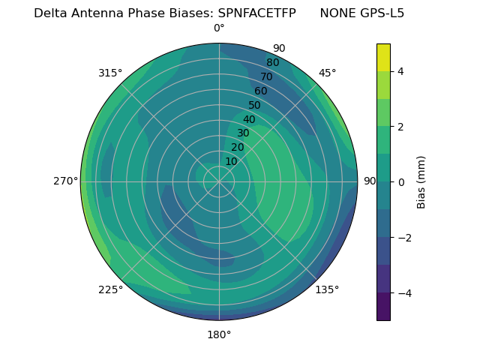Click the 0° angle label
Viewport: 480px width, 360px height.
[x=219, y=28]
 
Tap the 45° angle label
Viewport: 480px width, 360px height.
[x=328, y=73]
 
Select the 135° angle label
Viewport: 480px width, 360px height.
[x=327, y=289]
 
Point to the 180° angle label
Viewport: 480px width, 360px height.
[x=219, y=334]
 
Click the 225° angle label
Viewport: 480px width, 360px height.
[x=110, y=289]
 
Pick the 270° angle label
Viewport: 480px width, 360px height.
[x=65, y=181]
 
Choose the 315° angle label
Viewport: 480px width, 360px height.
[x=110, y=73]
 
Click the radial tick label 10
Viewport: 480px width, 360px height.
[x=231, y=161]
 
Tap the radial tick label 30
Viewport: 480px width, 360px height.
[x=243, y=133]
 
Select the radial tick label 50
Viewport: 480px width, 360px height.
[x=255, y=106]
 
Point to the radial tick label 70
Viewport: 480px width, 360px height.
[x=266, y=77]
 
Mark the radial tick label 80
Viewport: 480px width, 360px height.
[x=272, y=63]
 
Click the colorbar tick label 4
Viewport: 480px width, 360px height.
[x=401, y=71]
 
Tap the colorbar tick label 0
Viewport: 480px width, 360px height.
[x=401, y=182]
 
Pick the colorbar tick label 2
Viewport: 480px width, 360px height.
[x=401, y=127]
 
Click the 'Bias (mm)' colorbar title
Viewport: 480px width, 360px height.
[x=421, y=182]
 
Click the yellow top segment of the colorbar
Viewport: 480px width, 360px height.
[x=383, y=58]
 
